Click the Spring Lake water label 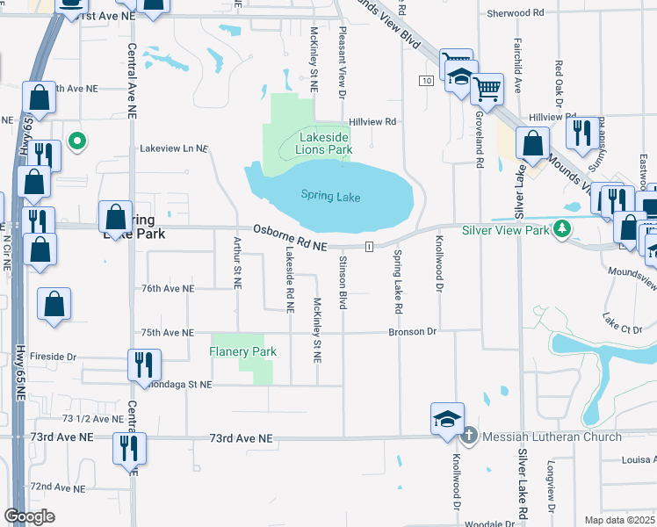pyautogui.click(x=331, y=197)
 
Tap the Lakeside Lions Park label pyautogui.click(x=326, y=144)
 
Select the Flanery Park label pyautogui.click(x=242, y=352)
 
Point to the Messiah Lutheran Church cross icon pyautogui.click(x=469, y=436)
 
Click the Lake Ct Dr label pyautogui.click(x=623, y=327)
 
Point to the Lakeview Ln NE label pyautogui.click(x=174, y=149)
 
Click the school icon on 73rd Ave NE pyautogui.click(x=446, y=418)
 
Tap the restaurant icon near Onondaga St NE pyautogui.click(x=141, y=365)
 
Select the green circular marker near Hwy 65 pyautogui.click(x=77, y=140)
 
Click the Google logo pyautogui.click(x=29, y=516)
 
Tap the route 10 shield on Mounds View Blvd pyautogui.click(x=425, y=81)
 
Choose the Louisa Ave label pyautogui.click(x=636, y=459)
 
